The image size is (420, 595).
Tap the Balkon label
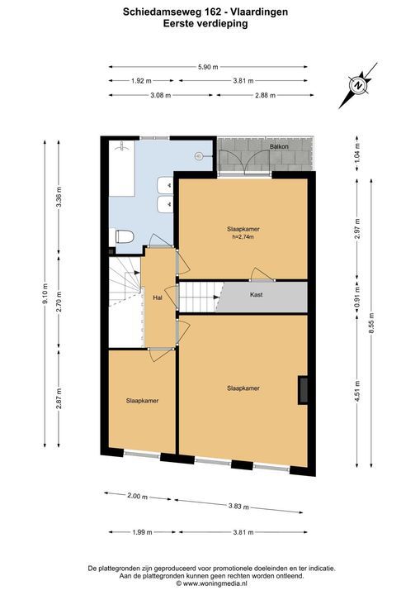279,146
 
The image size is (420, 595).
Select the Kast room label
257,294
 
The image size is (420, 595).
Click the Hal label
158,297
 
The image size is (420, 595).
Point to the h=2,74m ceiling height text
243,237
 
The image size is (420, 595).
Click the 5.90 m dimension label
208,67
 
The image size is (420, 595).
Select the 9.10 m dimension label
45,293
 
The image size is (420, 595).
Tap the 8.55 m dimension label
371,323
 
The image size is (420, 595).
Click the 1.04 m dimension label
357,154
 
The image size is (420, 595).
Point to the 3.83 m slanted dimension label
238,507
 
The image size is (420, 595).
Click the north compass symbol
358,85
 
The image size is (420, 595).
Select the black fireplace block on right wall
302,390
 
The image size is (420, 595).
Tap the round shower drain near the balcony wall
200,155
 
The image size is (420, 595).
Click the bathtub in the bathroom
121,168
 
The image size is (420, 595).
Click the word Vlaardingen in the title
259,12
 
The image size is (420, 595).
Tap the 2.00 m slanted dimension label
138,496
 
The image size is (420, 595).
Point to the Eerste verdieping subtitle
205,23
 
